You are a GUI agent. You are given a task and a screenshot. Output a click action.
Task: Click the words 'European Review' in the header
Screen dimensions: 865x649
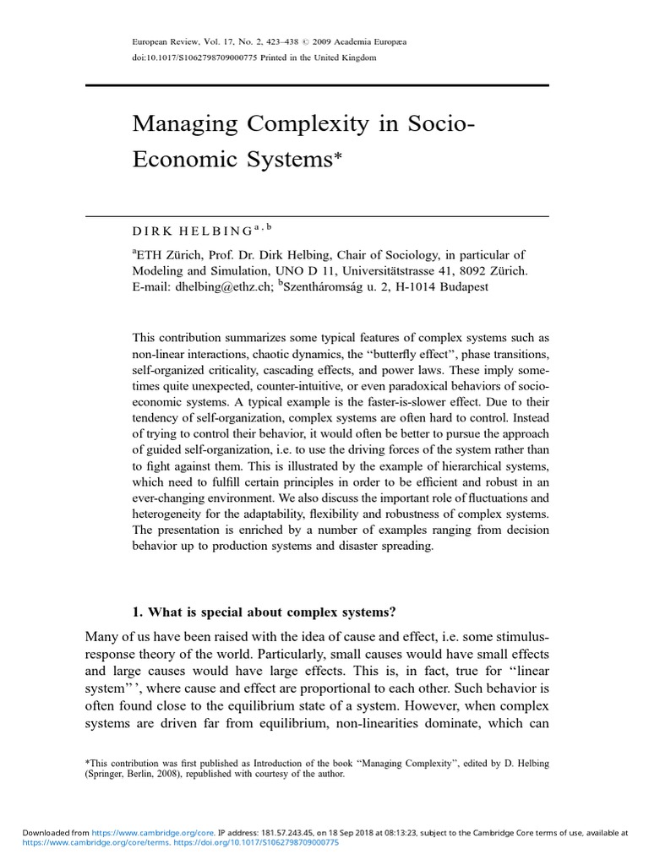pyautogui.click(x=162, y=41)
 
